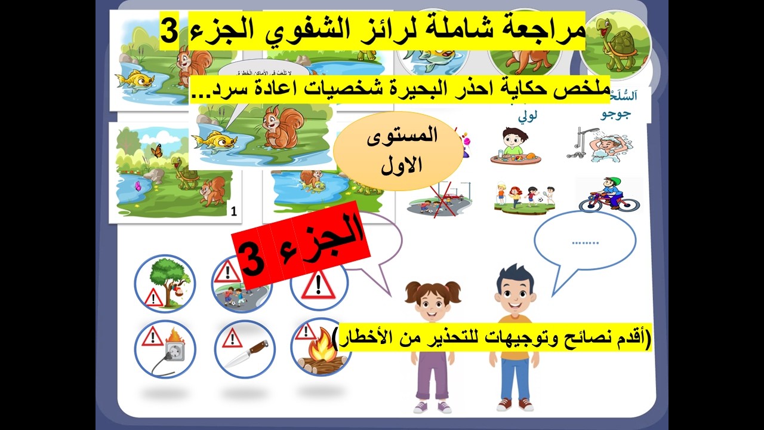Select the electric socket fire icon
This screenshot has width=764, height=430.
point(165,349)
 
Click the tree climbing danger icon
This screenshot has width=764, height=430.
point(165,284)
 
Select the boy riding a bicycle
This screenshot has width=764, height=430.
point(608,194)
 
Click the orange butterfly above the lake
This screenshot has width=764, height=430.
point(157,151)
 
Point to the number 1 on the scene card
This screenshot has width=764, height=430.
point(233,211)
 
